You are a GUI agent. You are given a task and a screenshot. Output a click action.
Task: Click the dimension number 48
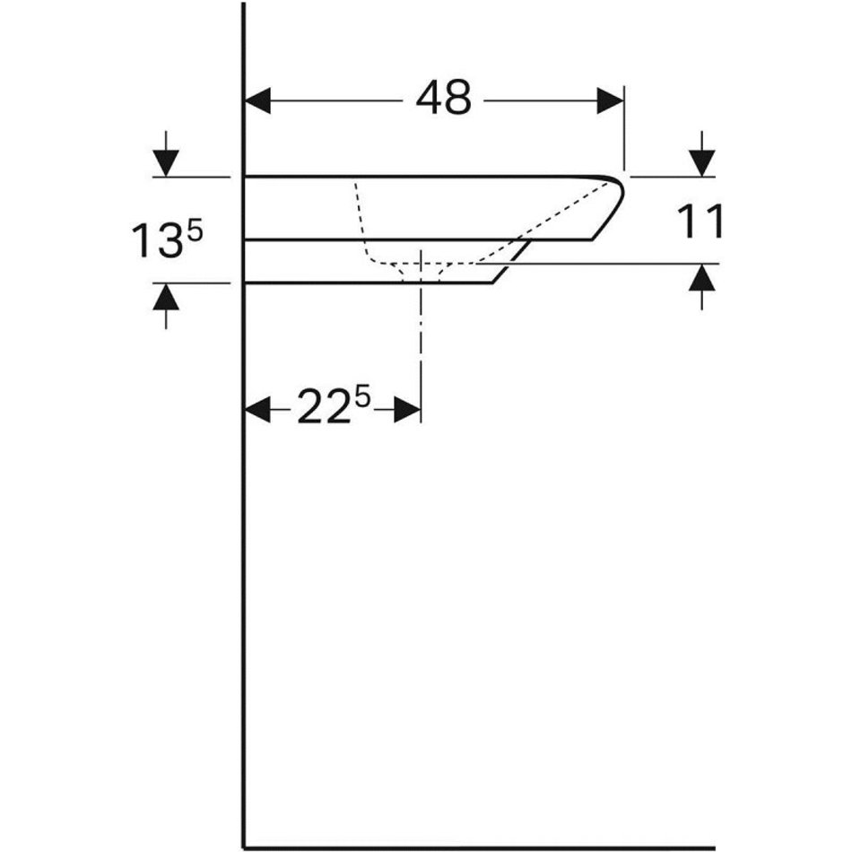click(443, 98)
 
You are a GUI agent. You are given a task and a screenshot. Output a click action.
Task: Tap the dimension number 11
click(700, 222)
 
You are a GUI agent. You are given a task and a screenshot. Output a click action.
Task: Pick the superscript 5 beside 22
click(362, 398)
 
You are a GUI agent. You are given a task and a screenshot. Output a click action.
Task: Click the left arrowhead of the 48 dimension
click(258, 101)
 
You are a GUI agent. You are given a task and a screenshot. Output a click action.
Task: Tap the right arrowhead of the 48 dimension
click(610, 101)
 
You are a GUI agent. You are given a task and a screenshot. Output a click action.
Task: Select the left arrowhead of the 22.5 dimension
click(258, 409)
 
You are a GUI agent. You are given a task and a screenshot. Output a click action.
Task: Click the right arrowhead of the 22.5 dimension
click(407, 409)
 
